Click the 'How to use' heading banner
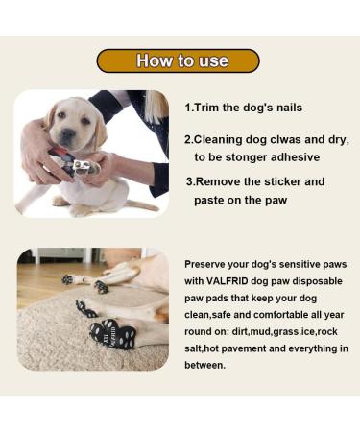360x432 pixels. (x=178, y=60)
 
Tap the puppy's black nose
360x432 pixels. (x=67, y=133)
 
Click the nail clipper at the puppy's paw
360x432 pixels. (x=73, y=162)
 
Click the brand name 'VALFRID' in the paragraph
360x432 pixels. (x=227, y=281)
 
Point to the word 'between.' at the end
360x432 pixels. (x=204, y=365)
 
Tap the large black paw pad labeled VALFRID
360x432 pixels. (x=113, y=333)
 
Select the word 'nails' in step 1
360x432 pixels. (x=290, y=108)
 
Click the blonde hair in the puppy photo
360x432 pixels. (x=156, y=106)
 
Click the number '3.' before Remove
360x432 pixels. (x=191, y=181)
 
